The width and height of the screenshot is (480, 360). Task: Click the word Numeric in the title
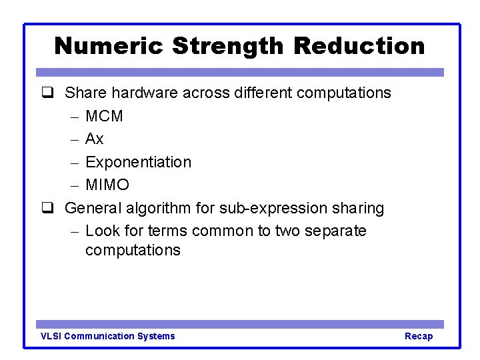click(109, 46)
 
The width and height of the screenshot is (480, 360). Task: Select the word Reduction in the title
click(359, 46)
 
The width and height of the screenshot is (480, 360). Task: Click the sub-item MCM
click(105, 116)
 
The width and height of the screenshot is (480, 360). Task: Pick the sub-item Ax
click(95, 139)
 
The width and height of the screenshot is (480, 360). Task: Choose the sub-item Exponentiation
click(139, 162)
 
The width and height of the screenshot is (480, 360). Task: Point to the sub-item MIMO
click(107, 185)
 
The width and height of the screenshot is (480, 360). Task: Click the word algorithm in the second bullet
click(159, 208)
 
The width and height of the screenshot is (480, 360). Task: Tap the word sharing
click(358, 209)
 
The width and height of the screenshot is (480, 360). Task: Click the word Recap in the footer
click(419, 336)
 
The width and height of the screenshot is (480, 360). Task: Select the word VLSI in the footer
click(51, 336)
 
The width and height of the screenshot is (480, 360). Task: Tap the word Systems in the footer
click(156, 336)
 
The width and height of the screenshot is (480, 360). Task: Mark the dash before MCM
click(74, 117)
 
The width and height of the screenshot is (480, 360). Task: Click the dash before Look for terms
click(74, 231)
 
